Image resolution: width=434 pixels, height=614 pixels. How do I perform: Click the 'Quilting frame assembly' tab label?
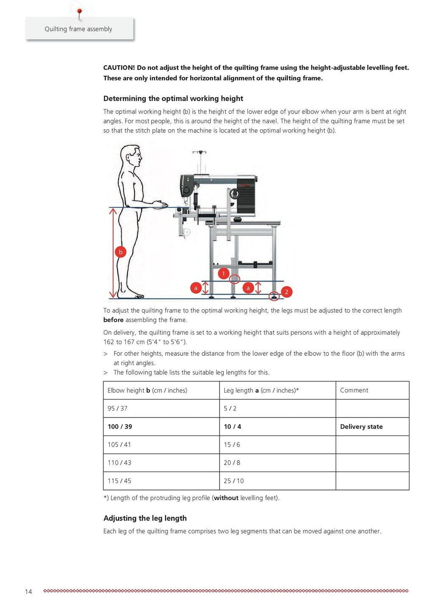78,29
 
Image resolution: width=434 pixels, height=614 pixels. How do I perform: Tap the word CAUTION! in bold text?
119,68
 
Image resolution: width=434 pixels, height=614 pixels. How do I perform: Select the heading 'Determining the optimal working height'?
173,98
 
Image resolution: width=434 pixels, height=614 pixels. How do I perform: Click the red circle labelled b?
120,252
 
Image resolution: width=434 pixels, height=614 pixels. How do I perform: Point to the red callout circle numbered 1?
223,273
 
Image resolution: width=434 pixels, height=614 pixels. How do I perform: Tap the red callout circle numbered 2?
287,292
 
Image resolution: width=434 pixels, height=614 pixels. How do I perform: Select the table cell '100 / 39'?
120,427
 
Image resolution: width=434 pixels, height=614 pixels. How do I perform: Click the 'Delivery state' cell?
361,427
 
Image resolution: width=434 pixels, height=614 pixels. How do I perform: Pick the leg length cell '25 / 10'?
234,481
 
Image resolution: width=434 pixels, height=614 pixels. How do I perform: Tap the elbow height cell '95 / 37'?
117,408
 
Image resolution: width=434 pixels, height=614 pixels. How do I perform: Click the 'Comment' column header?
354,390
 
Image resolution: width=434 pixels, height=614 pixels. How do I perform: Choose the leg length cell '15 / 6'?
232,445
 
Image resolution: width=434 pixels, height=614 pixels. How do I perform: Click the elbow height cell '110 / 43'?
119,463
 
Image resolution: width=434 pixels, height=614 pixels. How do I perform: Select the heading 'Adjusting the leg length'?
145,518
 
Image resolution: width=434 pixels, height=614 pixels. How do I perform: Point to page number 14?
28,592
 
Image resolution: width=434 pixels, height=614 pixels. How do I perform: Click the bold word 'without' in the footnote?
226,498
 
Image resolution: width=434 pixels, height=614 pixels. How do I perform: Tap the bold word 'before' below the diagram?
113,320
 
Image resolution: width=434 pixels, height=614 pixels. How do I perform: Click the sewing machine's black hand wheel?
234,194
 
